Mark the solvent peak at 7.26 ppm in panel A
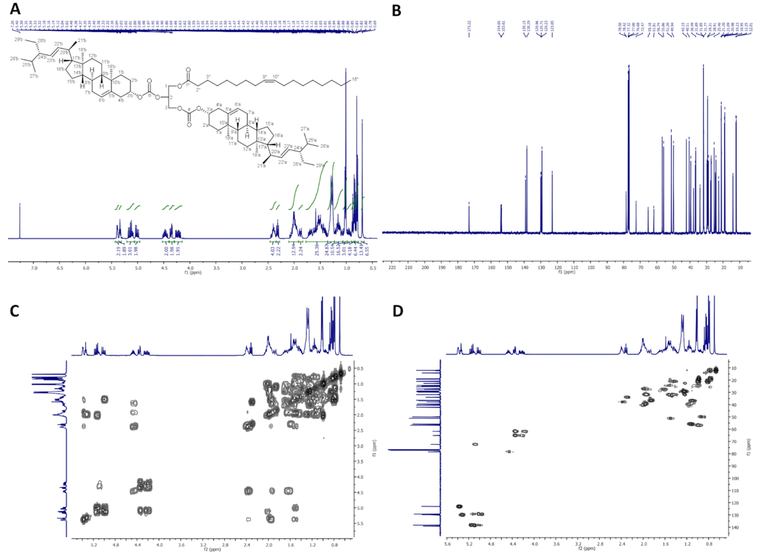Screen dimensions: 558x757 tap(20, 220)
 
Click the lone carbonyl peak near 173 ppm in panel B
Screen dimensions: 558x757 tap(469, 216)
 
